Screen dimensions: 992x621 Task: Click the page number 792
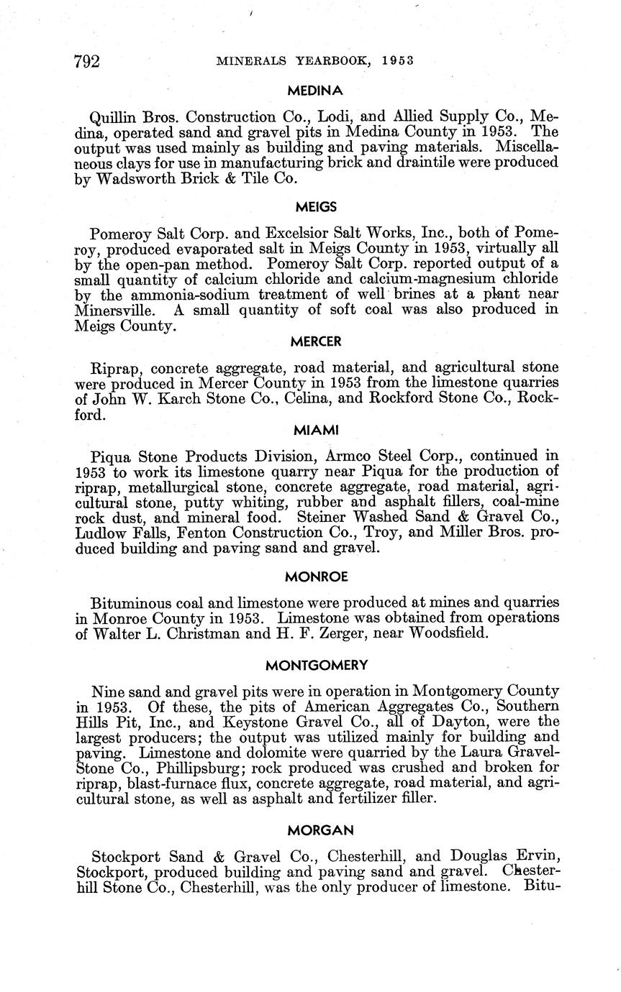tap(87, 61)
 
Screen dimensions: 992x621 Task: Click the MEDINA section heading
tap(315, 91)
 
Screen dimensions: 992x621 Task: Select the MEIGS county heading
tap(316, 207)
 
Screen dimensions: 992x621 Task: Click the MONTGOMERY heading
tap(317, 666)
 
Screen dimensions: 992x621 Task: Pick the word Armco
tap(354, 456)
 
